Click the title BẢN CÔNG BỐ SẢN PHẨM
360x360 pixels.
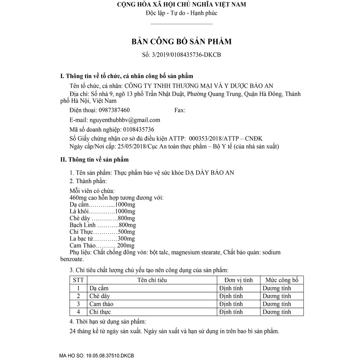(x=181, y=41)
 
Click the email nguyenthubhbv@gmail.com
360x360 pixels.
(x=125, y=120)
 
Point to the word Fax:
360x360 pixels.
(x=180, y=110)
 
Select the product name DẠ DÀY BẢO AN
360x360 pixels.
(x=210, y=173)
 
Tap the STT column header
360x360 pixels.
(x=78, y=280)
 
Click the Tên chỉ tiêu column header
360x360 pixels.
(x=152, y=280)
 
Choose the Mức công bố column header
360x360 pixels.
(x=282, y=280)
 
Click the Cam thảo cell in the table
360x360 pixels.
(x=101, y=304)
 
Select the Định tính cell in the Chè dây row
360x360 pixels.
(x=231, y=296)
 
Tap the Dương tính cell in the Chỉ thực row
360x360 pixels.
(x=277, y=312)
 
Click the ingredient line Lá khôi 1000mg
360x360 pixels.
(x=102, y=211)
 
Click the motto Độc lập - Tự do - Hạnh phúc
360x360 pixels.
(x=181, y=13)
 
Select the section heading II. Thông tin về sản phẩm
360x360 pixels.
(x=95, y=160)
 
